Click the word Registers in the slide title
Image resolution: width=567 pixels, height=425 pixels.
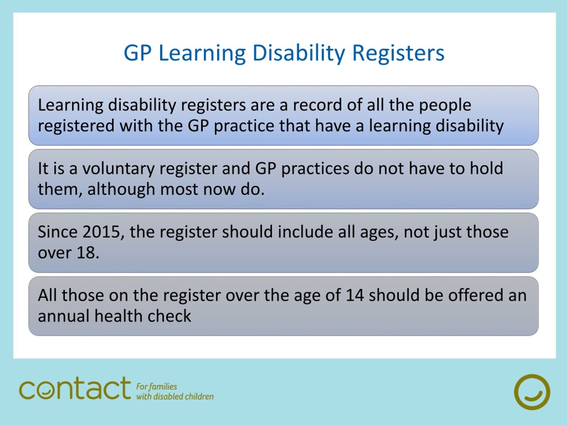click(398, 53)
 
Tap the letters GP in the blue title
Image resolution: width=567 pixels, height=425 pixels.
click(137, 53)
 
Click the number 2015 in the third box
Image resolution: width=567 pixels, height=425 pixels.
click(101, 232)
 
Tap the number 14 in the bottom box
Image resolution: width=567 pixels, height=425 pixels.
click(355, 295)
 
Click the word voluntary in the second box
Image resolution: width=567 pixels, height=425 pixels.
click(118, 169)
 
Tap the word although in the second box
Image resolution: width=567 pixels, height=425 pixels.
click(121, 189)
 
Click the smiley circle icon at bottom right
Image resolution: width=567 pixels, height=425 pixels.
click(532, 392)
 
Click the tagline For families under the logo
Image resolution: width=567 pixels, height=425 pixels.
click(156, 386)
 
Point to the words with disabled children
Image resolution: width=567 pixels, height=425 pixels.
click(175, 397)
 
